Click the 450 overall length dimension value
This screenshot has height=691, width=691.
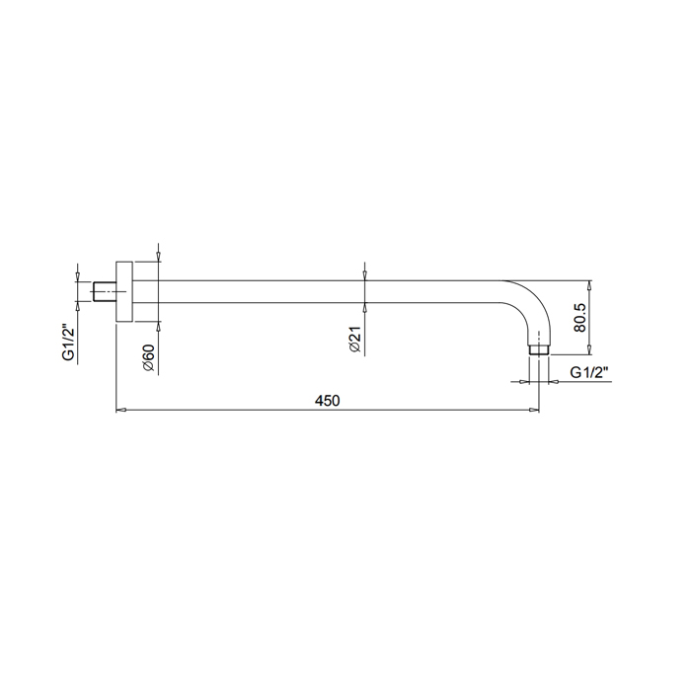point(328,401)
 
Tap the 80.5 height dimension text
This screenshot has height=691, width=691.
point(579,317)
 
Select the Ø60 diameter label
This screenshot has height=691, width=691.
point(148,357)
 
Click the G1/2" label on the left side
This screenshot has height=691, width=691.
point(69,342)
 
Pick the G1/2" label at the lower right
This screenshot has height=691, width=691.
point(589,372)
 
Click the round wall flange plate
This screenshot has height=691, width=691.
point(124,291)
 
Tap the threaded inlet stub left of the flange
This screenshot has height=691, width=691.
point(105,291)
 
